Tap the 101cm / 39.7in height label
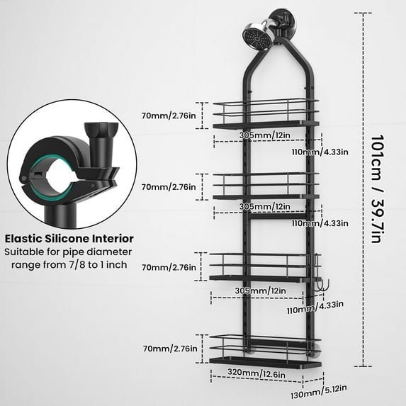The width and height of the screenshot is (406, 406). pos(376,189)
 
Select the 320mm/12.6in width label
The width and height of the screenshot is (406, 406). pos(256,373)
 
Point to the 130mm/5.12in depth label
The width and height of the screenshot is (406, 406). pos(318,392)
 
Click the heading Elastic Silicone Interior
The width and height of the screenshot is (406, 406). pos(69,239)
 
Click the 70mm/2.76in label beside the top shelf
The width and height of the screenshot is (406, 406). pos(169,115)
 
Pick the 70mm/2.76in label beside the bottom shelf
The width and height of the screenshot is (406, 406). pos(170,349)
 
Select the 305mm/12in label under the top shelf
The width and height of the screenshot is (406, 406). pos(264,135)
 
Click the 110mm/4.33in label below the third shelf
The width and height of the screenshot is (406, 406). pos(315,308)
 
